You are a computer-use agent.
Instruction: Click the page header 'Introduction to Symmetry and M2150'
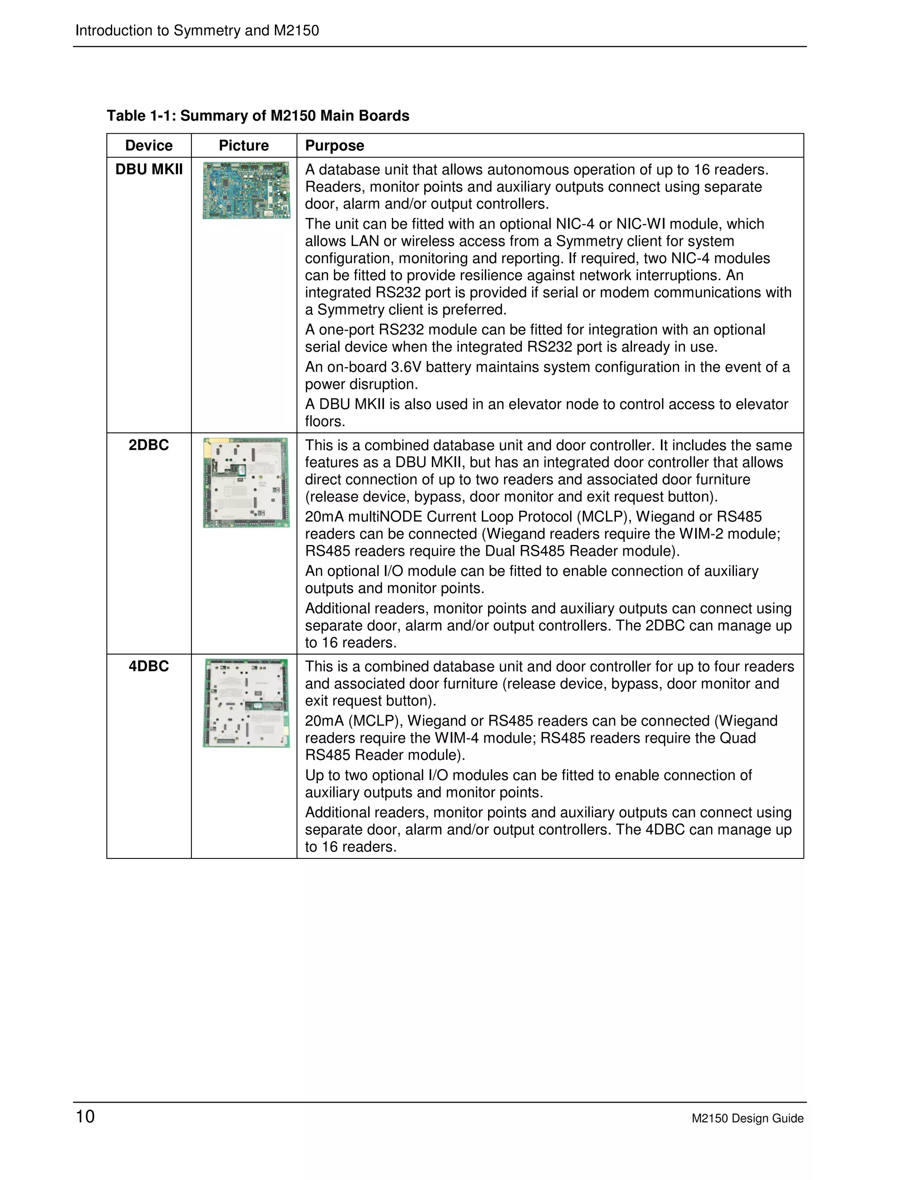(197, 30)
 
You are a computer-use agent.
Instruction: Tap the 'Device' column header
(149, 145)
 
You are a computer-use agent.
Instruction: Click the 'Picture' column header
(244, 145)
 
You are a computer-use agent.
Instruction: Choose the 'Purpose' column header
(334, 145)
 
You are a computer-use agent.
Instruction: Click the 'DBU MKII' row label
(149, 169)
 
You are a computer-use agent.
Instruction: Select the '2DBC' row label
(149, 445)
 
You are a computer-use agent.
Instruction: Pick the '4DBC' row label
(149, 666)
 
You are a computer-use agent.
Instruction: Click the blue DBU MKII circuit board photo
(246, 190)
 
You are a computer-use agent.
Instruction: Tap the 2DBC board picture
(246, 483)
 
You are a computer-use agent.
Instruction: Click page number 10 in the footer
(85, 1116)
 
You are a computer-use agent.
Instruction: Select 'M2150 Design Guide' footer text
(747, 1119)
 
